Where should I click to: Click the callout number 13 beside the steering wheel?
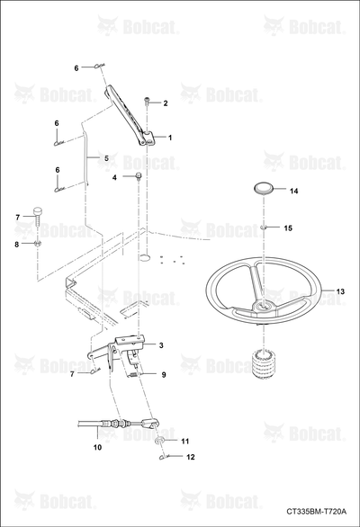coord(340,291)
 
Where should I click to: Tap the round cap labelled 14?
coord(263,188)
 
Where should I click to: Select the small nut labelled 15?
coord(263,228)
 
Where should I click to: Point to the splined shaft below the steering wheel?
coord(264,364)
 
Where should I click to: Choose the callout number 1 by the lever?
coord(170,138)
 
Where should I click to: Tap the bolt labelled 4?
coord(139,175)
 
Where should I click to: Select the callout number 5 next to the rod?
coord(106,158)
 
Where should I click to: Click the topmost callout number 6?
coord(76,68)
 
